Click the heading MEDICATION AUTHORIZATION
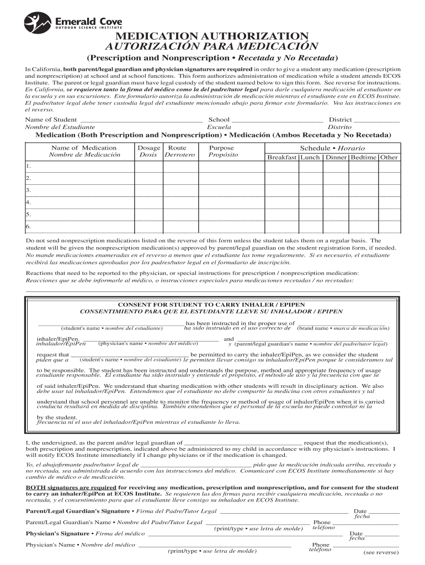tap(212, 37)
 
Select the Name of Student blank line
tap(141, 120)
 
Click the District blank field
tap(376, 120)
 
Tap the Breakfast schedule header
tap(281, 157)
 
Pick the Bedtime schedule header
tap(364, 157)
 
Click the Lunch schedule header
tap(310, 157)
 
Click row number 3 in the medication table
tap(28, 190)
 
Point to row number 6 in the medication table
tap(28, 227)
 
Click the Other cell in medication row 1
tap(389, 166)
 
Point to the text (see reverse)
tap(380, 552)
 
